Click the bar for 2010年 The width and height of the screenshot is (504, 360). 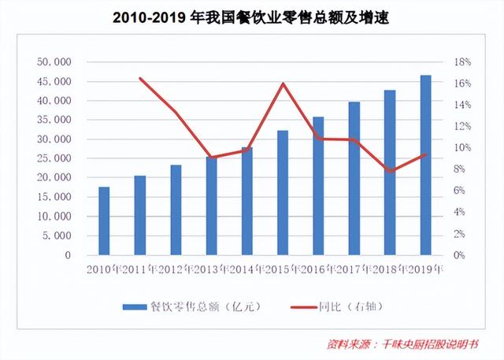(x=104, y=221)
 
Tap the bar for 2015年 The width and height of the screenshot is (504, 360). (x=282, y=193)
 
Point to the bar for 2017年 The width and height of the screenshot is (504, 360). (x=354, y=179)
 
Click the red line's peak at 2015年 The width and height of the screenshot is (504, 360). (x=282, y=84)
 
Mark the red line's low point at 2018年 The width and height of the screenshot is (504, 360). (x=390, y=171)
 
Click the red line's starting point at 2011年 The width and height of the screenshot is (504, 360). (x=140, y=78)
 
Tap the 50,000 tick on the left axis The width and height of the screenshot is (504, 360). (x=54, y=62)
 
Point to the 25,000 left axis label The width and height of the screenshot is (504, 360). (x=54, y=159)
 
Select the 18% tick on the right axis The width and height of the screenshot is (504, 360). (x=461, y=62)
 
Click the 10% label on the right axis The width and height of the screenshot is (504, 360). (x=461, y=148)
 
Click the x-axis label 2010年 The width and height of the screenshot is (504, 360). (x=105, y=269)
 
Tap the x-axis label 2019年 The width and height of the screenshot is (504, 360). (x=426, y=269)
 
